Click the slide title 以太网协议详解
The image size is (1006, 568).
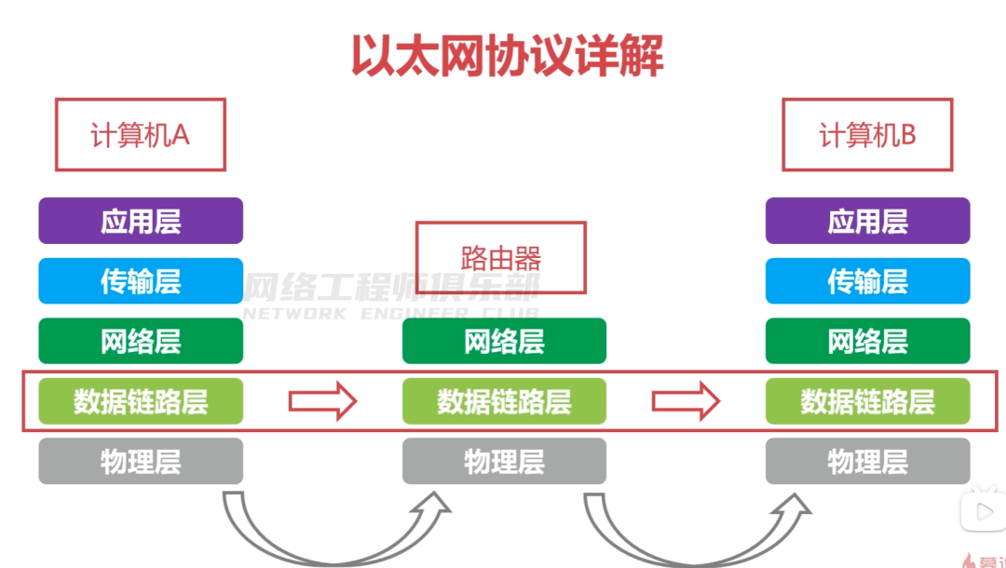click(507, 56)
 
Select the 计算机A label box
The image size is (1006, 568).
click(140, 135)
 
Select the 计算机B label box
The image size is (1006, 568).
click(867, 135)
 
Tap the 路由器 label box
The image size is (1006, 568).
click(501, 257)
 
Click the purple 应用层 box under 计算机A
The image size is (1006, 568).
click(141, 222)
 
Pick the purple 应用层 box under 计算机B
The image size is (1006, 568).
click(867, 222)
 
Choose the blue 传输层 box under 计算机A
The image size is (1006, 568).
click(141, 281)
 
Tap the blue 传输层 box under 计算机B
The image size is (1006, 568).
click(867, 281)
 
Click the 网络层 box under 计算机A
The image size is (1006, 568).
click(141, 342)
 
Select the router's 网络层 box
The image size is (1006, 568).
click(504, 342)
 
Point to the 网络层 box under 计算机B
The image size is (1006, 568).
click(867, 342)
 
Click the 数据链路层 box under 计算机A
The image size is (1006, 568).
click(141, 401)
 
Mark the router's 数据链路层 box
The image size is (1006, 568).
click(504, 401)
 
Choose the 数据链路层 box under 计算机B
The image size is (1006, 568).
click(867, 401)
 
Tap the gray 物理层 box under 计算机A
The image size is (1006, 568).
click(141, 461)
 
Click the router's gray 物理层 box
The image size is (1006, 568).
click(504, 461)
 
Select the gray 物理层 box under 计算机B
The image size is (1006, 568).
click(867, 461)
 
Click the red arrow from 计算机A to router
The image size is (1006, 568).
click(322, 401)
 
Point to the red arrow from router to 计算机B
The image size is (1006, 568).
click(686, 401)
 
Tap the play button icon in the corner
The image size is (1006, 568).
click(983, 511)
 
